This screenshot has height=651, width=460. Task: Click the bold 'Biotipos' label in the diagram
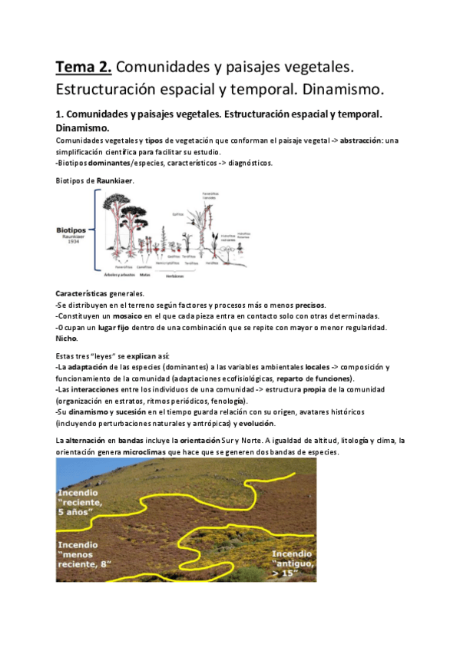click(x=74, y=230)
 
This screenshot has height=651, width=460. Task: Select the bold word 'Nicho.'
click(x=67, y=338)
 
